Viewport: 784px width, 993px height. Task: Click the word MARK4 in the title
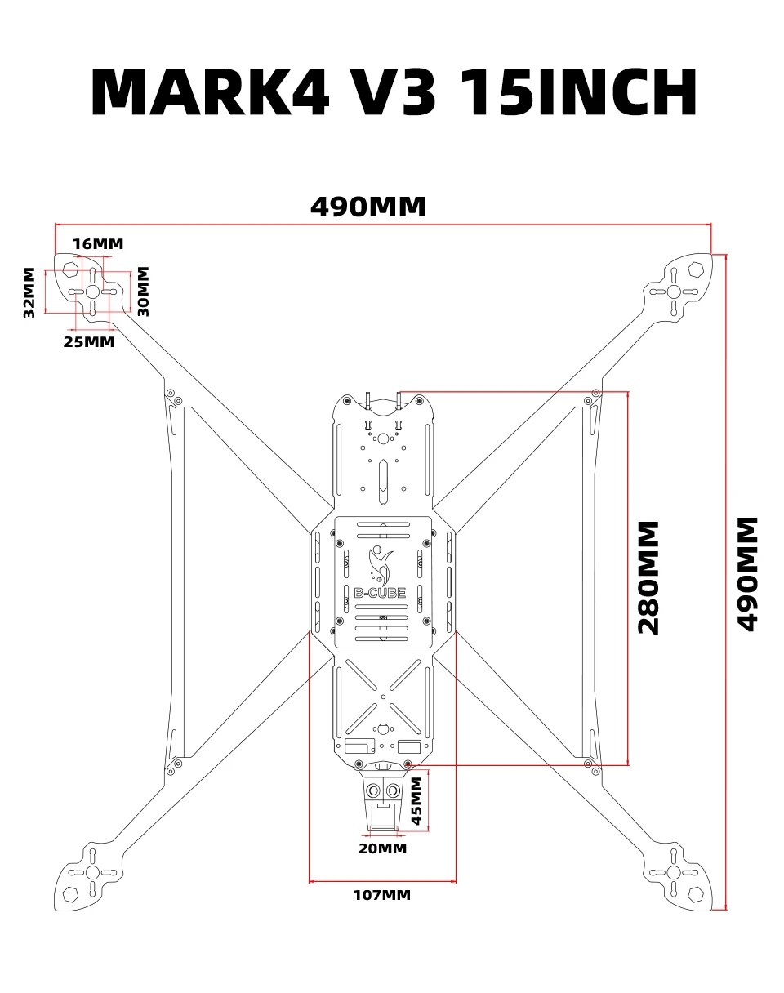(x=210, y=91)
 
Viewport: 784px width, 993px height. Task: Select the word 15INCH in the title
(x=578, y=91)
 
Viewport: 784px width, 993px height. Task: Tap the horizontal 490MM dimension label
(x=367, y=207)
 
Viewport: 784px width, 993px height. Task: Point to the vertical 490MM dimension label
(x=747, y=574)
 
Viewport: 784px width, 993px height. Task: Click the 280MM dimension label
(x=648, y=577)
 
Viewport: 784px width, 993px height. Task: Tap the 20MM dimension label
(x=382, y=848)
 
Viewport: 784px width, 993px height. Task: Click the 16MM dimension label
(x=98, y=243)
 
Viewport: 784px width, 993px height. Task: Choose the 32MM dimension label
(x=29, y=292)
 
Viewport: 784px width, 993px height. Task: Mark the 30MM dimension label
(x=144, y=292)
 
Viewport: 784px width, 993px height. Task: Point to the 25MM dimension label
(x=89, y=342)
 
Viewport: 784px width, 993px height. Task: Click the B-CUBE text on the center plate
(x=380, y=593)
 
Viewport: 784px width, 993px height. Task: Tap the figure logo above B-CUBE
(x=381, y=565)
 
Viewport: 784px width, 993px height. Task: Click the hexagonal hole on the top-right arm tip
(x=696, y=270)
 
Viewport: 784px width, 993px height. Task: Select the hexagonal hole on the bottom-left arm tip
(x=70, y=894)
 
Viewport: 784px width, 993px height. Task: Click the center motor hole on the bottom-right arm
(x=673, y=872)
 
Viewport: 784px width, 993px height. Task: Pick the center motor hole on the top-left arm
(x=92, y=292)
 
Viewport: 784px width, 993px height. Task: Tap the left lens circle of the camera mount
(x=373, y=791)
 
